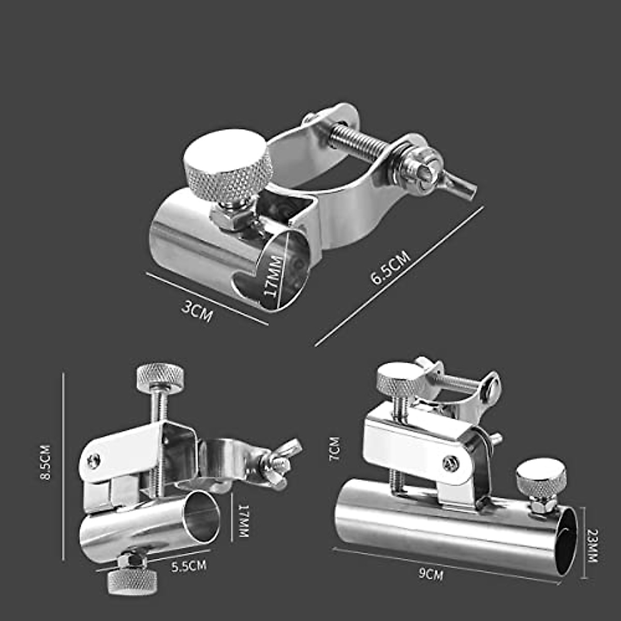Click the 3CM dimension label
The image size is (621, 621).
pos(197,312)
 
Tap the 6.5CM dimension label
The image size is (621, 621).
pos(391,267)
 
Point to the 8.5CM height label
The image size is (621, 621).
pos(46,462)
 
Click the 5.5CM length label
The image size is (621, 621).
pos(189,566)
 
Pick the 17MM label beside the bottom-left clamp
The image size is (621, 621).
pos(243,521)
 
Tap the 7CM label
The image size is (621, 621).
pos(334,449)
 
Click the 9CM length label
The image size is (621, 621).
pos(431,574)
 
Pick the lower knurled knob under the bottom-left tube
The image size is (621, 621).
pos(132,582)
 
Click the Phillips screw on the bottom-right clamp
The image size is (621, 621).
pos(450,463)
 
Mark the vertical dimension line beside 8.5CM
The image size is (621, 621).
pos(64,466)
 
